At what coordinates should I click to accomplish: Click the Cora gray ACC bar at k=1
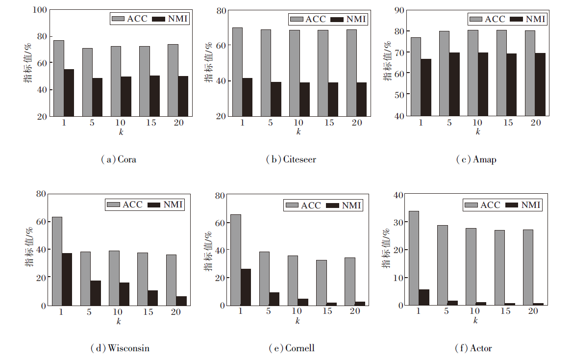[59, 78]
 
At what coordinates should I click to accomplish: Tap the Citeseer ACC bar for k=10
[294, 73]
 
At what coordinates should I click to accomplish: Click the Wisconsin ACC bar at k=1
[57, 261]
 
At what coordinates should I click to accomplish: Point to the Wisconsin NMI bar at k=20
[181, 301]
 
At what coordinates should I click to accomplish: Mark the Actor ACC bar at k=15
[499, 267]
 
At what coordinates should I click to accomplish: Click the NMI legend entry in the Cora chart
[170, 19]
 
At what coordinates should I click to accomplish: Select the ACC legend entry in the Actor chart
[482, 205]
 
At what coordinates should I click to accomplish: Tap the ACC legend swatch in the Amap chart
[476, 19]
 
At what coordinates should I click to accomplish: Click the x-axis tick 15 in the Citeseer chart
[329, 123]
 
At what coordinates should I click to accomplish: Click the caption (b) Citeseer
[291, 160]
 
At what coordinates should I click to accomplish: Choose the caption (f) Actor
[473, 348]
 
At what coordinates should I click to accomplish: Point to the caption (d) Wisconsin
[120, 348]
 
